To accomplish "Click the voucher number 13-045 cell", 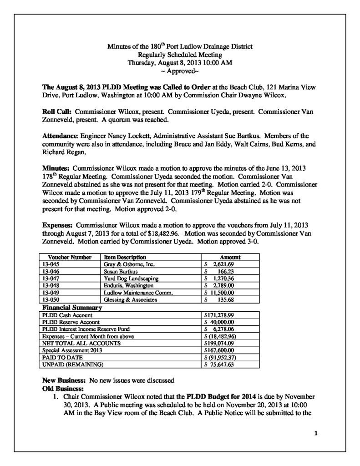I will pos(50,264).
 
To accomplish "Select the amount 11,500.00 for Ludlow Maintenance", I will pos(220,293).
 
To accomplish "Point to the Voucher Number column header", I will pos(67,257).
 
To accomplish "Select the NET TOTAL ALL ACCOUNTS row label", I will pos(81,343).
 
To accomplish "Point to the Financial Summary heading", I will pos(71,308).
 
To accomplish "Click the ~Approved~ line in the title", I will pos(180,71).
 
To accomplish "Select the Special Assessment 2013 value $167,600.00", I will pos(218,350).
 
